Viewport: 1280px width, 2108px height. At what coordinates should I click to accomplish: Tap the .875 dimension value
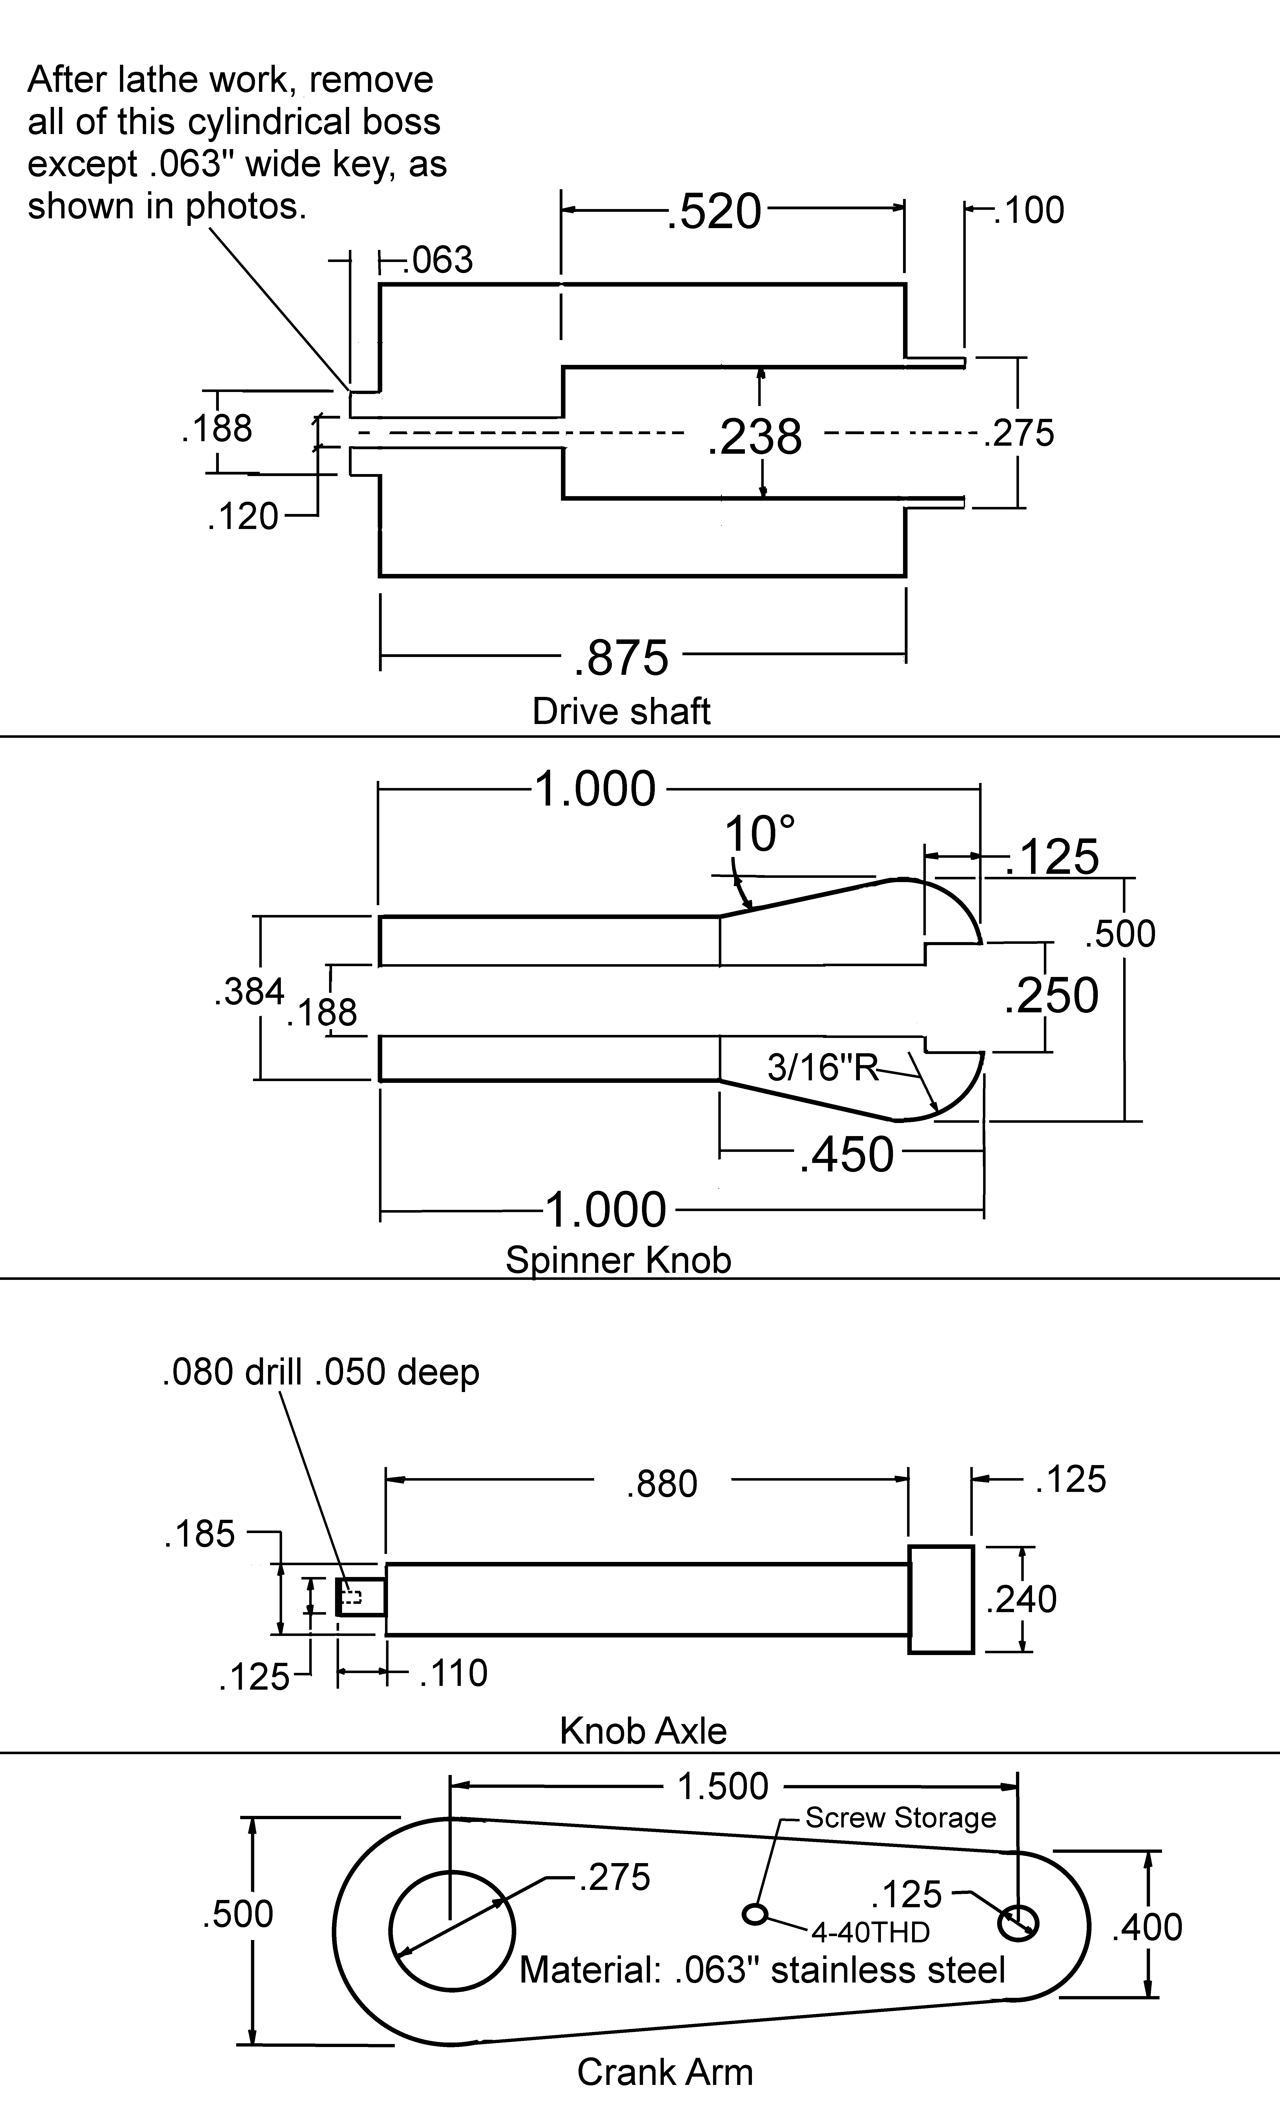(620, 658)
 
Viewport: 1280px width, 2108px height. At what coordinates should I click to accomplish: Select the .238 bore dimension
(755, 436)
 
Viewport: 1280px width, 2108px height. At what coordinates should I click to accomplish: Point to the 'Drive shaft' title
(621, 711)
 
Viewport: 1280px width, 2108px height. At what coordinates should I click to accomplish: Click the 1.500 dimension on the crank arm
(723, 1786)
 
